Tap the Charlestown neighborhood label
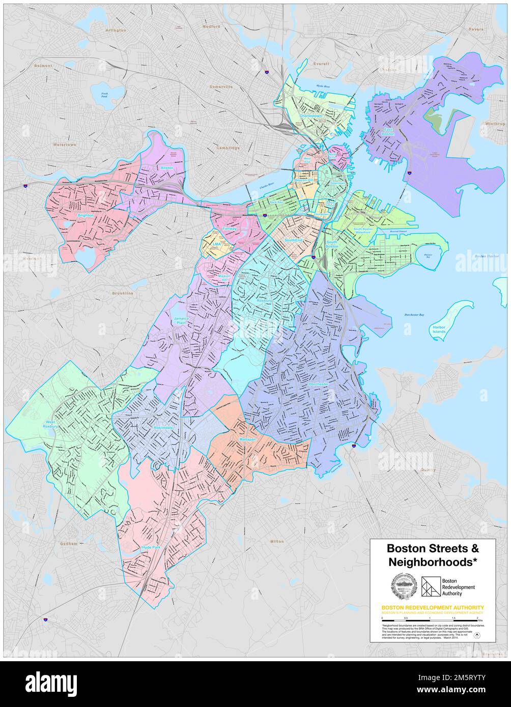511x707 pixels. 310,116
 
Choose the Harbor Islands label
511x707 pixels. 439,329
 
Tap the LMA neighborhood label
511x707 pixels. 217,244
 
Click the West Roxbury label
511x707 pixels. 51,425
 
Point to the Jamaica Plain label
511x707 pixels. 180,320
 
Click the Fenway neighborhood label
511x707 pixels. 230,229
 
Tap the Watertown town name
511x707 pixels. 64,144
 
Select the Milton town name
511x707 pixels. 277,541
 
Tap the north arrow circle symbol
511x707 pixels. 477,634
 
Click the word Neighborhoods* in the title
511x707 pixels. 433,562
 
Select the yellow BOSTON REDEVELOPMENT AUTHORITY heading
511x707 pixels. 433,607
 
